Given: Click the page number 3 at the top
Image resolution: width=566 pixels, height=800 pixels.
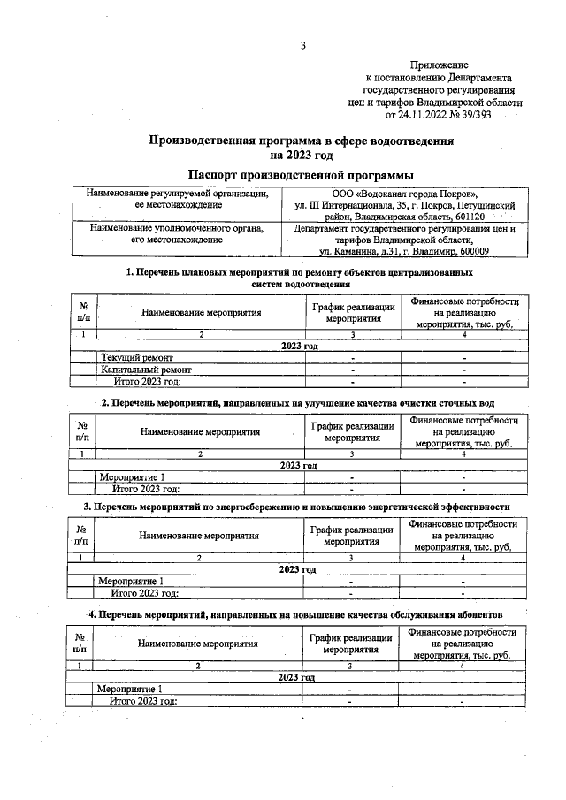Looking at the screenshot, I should (x=302, y=45).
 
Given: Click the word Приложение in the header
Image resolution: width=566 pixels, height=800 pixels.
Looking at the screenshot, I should (x=439, y=65).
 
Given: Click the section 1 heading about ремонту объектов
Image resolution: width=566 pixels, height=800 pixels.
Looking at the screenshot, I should (x=300, y=279).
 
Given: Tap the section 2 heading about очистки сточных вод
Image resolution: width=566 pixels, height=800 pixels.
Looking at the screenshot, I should (x=300, y=403).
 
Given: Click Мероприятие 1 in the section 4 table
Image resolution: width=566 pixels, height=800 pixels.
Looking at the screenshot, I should (x=130, y=688).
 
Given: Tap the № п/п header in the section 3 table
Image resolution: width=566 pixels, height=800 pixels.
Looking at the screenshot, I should (x=82, y=535).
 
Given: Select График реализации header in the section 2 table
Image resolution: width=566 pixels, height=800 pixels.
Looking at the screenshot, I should (x=352, y=431).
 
